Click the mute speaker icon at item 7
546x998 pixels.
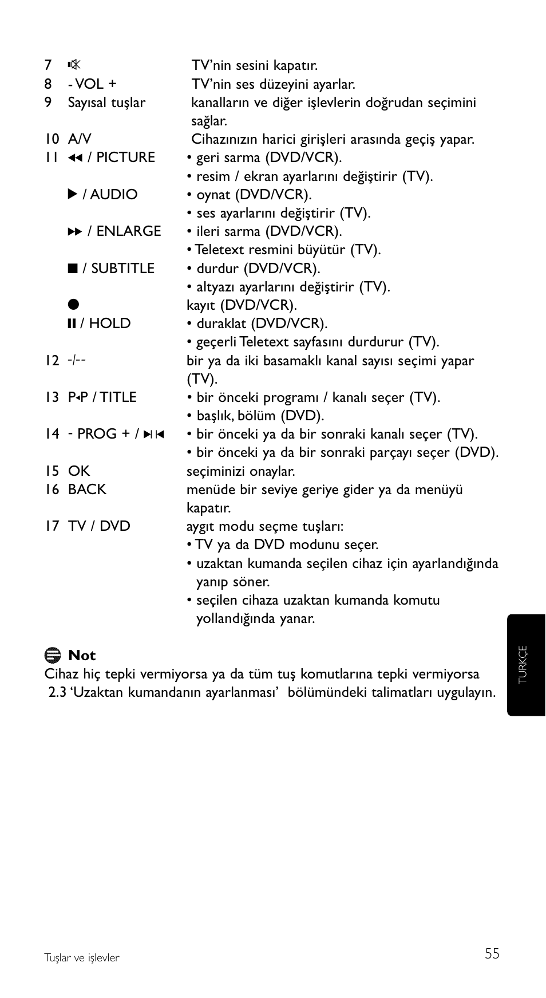pyautogui.click(x=73, y=65)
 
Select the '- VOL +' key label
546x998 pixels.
pyautogui.click(x=92, y=84)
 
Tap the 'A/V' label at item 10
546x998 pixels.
pyautogui.click(x=79, y=139)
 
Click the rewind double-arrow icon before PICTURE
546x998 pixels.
pyautogui.click(x=75, y=158)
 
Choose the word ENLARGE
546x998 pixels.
pyautogui.click(x=128, y=231)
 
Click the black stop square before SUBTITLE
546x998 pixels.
pyautogui.click(x=72, y=268)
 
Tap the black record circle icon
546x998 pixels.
pyautogui.click(x=73, y=305)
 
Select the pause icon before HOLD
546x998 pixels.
pyautogui.click(x=72, y=324)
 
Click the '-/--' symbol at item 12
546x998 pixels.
pyautogui.click(x=77, y=360)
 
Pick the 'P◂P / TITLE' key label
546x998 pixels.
pyautogui.click(x=102, y=397)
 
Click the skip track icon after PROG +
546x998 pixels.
pyautogui.click(x=153, y=435)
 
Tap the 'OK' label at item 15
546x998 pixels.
pyautogui.click(x=79, y=471)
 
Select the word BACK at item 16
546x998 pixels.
pyautogui.click(x=87, y=490)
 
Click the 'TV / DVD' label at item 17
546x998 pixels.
pyautogui.click(x=99, y=526)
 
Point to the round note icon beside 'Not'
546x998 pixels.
pyautogui.click(x=53, y=655)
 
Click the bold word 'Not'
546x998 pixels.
pyautogui.click(x=82, y=656)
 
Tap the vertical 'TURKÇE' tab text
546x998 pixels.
pyautogui.click(x=523, y=664)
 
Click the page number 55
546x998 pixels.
pyautogui.click(x=492, y=953)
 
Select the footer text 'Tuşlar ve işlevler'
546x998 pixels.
pyautogui.click(x=82, y=958)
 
